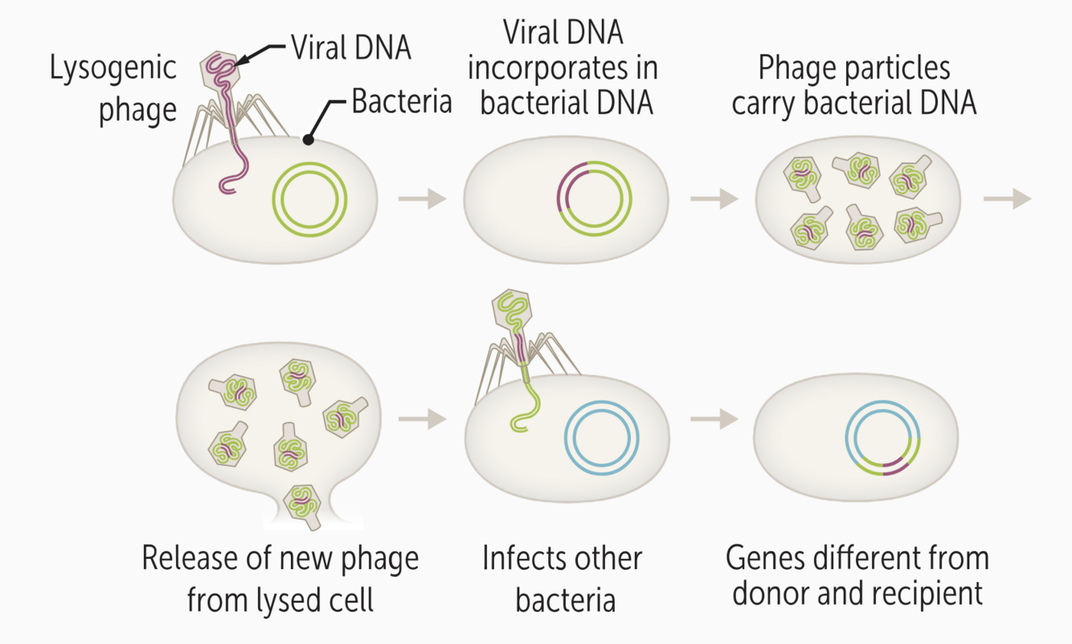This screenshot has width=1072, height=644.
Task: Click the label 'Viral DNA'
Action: coord(350,48)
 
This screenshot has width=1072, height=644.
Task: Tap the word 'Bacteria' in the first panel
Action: coord(402,102)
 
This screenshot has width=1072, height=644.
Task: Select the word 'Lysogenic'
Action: coord(113,68)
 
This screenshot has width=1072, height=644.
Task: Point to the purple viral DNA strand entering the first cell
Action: coord(232,153)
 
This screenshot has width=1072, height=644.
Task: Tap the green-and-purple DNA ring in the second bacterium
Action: coord(595,198)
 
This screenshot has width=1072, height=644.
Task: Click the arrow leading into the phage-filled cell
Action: coord(714,198)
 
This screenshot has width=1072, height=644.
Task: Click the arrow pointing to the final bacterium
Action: coord(714,418)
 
